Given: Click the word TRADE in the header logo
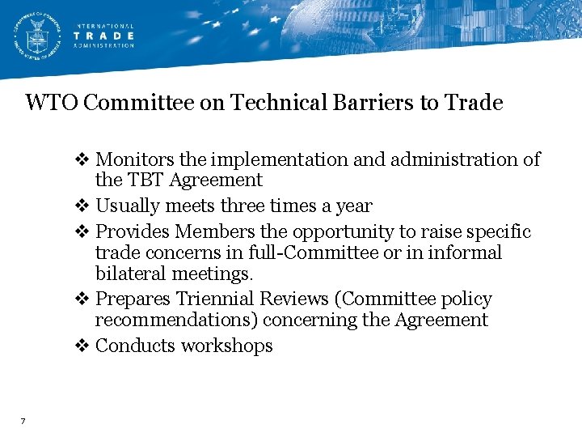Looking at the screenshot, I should point(104,36).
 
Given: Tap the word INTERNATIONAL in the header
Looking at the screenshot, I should point(104,25).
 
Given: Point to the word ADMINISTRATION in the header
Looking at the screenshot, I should point(104,46).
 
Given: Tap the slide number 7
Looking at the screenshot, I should point(23,421).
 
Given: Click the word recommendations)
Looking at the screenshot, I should point(177,320).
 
